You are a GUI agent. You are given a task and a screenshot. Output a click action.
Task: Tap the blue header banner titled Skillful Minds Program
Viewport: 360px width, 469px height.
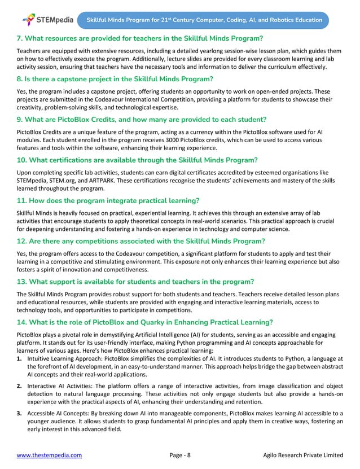click(x=204, y=20)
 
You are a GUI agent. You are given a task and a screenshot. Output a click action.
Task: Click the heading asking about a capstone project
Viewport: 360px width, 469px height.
click(x=114, y=78)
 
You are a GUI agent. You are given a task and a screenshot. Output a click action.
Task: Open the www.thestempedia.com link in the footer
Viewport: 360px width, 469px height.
click(x=49, y=455)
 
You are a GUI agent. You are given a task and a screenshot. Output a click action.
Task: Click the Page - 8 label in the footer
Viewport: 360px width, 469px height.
click(x=180, y=455)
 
